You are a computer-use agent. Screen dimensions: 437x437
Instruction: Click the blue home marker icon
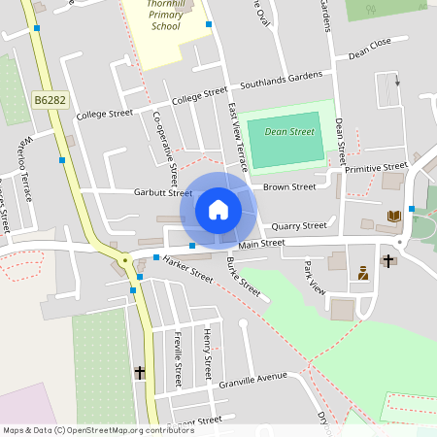tap(218, 209)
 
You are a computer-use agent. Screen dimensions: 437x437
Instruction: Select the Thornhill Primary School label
tap(165, 19)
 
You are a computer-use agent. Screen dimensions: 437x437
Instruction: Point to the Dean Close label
tap(369, 44)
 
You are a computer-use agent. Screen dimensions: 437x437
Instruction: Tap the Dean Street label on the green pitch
tap(289, 132)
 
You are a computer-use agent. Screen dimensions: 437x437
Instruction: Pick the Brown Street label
tap(290, 186)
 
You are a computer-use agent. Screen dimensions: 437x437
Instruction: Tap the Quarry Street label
tap(299, 225)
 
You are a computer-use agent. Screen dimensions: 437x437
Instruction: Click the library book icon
tap(393, 216)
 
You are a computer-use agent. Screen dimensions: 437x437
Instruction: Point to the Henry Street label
tap(207, 353)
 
